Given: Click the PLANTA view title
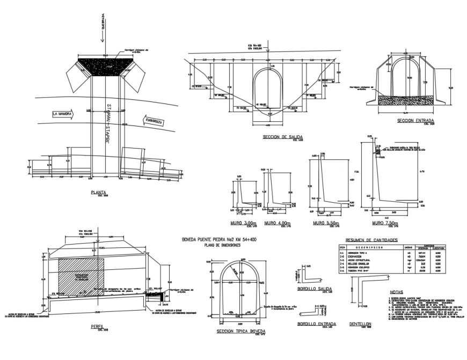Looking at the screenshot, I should (98, 191).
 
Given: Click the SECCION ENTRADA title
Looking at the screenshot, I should (415, 121).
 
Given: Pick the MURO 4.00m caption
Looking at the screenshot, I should (278, 223).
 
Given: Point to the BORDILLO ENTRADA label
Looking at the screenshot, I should (317, 324).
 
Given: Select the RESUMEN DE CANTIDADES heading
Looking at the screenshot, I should (371, 240).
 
